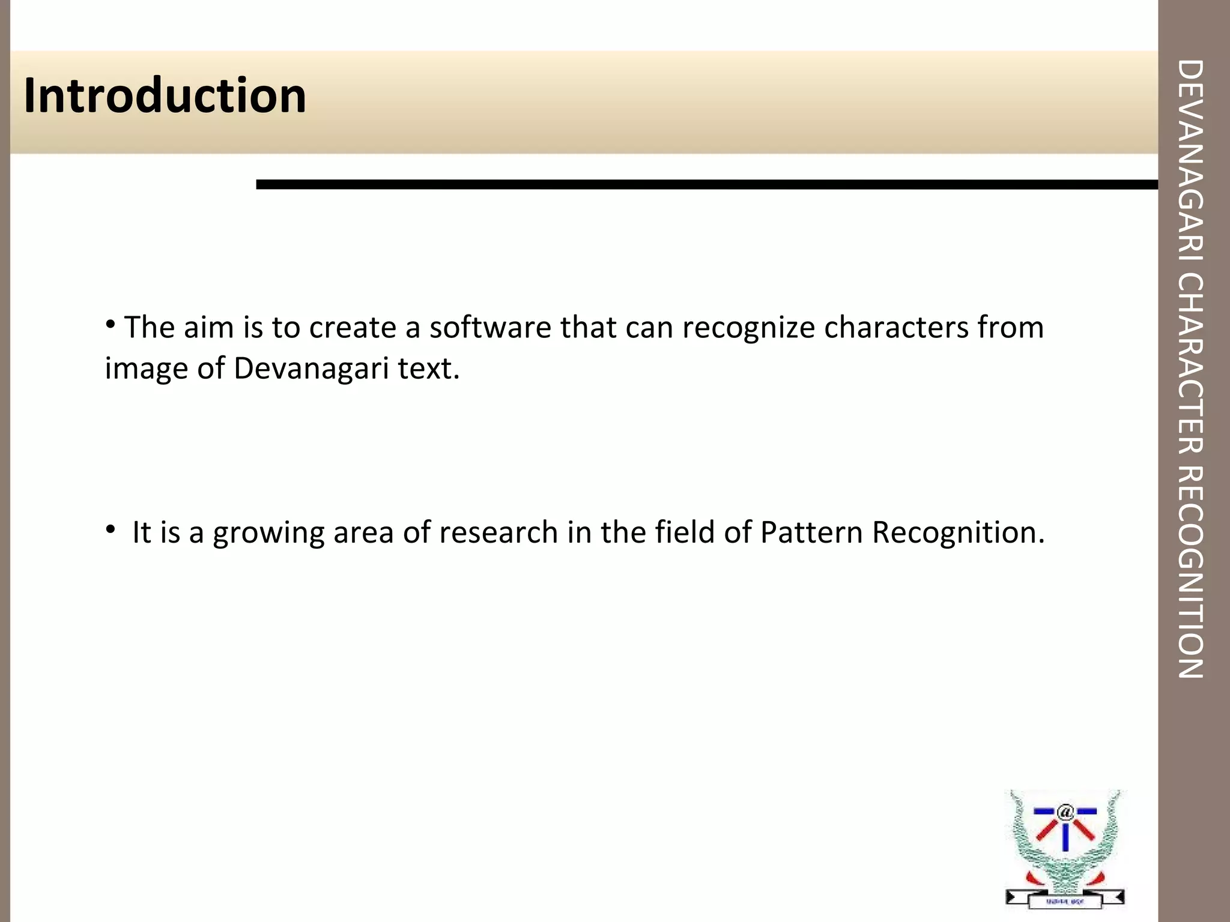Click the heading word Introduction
165,96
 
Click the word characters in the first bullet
896,328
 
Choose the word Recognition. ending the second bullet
959,532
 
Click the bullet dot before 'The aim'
110,325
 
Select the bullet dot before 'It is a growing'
110,529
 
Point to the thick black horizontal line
706,184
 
